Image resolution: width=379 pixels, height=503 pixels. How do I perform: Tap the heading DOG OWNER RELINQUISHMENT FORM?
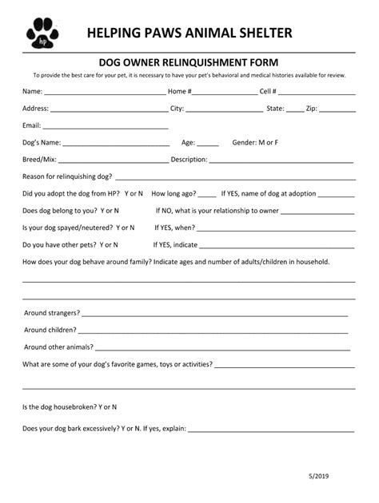189,61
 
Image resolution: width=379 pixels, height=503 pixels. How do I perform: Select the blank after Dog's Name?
116,145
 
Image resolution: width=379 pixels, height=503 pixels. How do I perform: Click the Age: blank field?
208,145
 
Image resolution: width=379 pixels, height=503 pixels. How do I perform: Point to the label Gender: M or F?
255,142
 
